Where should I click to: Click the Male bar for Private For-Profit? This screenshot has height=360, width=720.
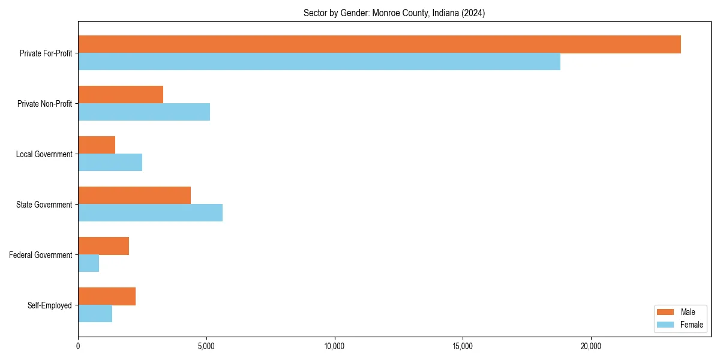(379, 44)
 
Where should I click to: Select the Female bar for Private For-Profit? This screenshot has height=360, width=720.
(319, 62)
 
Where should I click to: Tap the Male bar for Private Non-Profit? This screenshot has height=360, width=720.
(121, 95)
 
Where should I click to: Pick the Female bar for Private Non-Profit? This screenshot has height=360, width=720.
(144, 112)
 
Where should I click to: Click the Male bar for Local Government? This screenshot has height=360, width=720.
(97, 145)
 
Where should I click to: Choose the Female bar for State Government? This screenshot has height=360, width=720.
(150, 213)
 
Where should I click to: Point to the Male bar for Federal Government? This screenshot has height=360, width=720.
(103, 246)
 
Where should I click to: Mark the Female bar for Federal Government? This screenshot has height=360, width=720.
(88, 263)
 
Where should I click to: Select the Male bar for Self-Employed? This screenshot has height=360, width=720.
(107, 296)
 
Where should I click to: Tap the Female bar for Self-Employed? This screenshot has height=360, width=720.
(95, 314)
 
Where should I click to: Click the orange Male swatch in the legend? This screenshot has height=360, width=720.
(666, 312)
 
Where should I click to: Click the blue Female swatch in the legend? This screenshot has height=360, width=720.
(666, 325)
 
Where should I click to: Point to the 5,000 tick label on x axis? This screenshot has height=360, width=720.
(206, 346)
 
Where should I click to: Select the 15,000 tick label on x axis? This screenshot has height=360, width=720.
(463, 346)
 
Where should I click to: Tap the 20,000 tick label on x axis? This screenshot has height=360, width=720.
(591, 346)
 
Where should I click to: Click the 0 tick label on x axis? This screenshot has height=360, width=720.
(78, 346)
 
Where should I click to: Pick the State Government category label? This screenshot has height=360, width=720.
(44, 205)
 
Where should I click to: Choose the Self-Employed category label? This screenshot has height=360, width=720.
(49, 305)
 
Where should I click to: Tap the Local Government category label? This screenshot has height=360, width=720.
(44, 154)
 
